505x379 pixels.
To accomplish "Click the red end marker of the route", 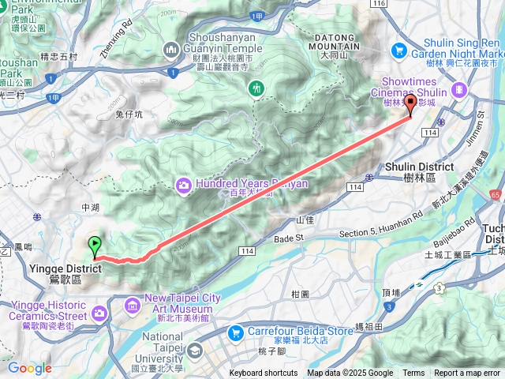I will click(x=410, y=105).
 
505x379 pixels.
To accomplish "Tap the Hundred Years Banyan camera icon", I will click(x=183, y=186).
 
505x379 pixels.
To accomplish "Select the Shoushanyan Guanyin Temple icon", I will click(x=171, y=51).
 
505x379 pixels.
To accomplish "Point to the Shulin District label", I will click(x=419, y=167).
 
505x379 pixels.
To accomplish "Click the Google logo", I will click(x=29, y=368).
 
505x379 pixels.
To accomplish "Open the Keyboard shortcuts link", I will click(x=264, y=373).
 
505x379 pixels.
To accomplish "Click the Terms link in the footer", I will click(x=413, y=373).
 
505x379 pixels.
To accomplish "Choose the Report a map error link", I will click(x=468, y=373).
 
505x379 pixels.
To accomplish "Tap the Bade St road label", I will click(x=288, y=238).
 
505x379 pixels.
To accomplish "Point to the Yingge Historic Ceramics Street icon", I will click(x=99, y=313).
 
